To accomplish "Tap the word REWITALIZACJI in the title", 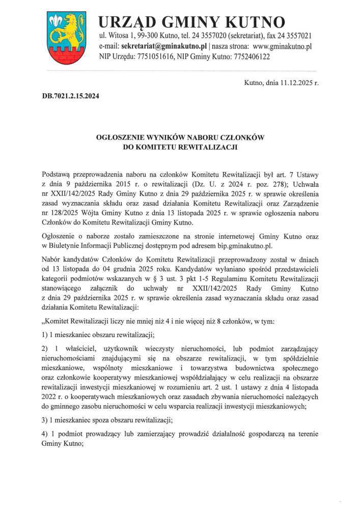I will pos(206,147).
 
